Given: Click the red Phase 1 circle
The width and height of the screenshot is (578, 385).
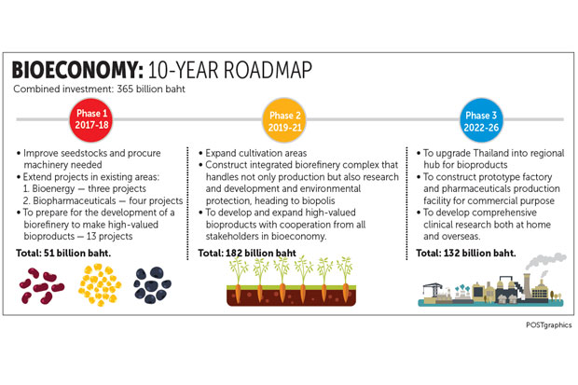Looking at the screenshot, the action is [x=91, y=119].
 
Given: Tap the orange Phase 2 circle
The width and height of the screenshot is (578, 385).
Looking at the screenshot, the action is [x=284, y=120].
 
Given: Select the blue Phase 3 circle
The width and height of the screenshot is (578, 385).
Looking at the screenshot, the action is [x=481, y=120].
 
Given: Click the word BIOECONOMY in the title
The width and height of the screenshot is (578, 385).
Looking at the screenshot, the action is [x=77, y=70].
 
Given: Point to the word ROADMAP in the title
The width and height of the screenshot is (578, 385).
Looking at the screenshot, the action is [x=268, y=70].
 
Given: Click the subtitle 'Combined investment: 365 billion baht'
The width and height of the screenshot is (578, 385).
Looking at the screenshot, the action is [x=99, y=89].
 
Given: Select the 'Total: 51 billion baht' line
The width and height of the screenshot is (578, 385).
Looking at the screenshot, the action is [x=63, y=253].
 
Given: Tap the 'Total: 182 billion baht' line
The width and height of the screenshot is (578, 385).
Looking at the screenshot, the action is [x=247, y=253].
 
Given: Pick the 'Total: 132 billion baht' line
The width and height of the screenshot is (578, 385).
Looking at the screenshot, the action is [x=466, y=253].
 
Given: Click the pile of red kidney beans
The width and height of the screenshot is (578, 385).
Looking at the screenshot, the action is [x=42, y=286].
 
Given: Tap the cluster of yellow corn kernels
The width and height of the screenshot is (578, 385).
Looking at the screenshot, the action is [x=100, y=284].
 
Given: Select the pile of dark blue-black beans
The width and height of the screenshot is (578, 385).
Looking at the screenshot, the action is [x=152, y=285].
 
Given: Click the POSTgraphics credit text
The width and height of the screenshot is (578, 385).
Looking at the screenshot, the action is [x=548, y=325].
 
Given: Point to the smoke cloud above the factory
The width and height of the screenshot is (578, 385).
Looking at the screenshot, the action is [x=545, y=261].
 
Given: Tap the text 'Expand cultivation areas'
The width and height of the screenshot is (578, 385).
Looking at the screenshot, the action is [x=255, y=153].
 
